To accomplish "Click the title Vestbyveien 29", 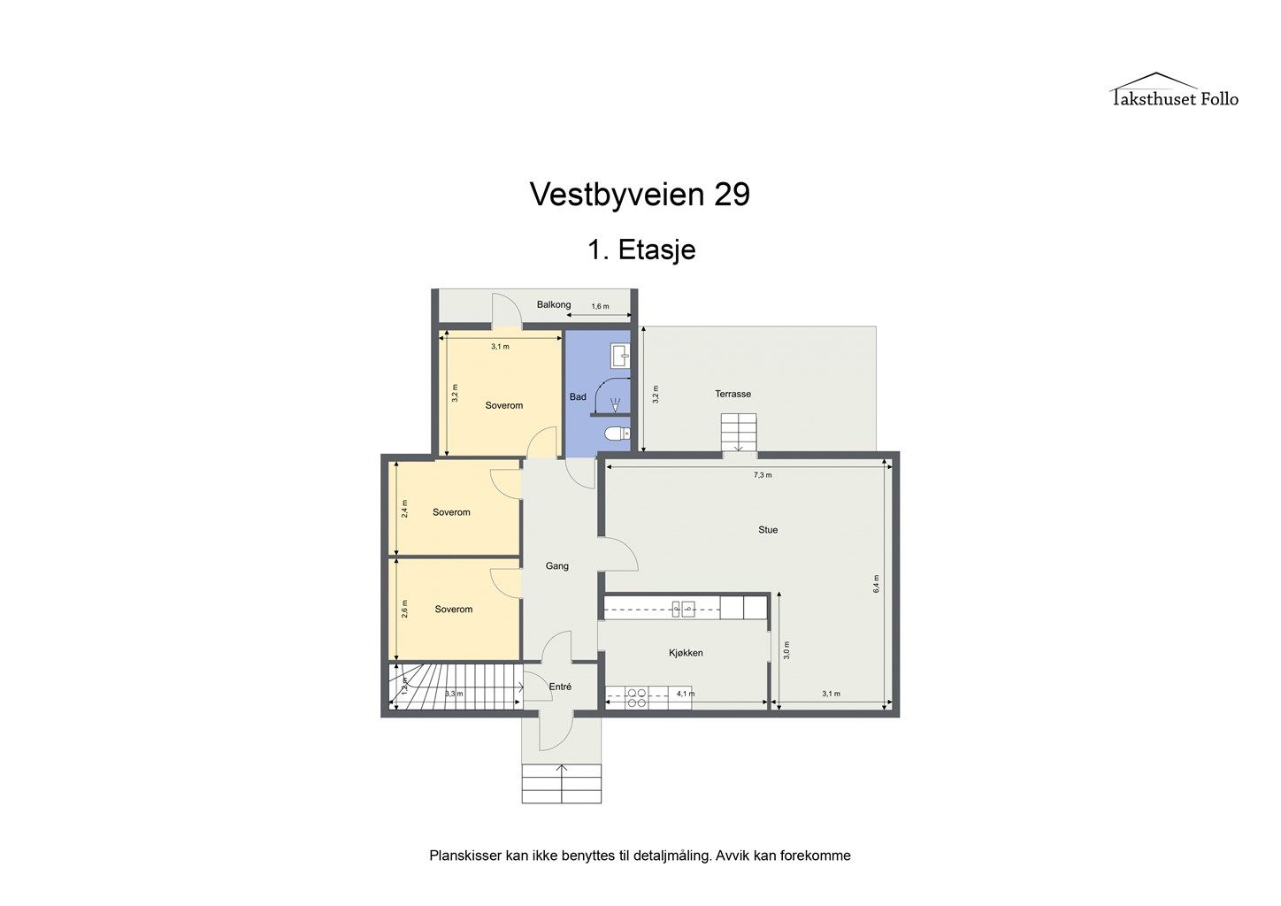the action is (x=640, y=195).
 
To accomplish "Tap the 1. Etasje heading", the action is (x=641, y=250).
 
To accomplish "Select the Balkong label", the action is (x=554, y=305).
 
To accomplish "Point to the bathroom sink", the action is (x=620, y=356).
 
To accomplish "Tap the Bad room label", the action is (x=578, y=397).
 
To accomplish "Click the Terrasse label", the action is (x=733, y=394).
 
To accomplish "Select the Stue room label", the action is (x=768, y=530).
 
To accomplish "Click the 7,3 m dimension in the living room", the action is (x=763, y=475).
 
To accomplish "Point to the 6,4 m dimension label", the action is (x=876, y=583).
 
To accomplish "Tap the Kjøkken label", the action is (x=686, y=653).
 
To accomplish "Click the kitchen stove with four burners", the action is (x=636, y=698).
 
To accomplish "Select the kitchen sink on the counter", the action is (x=683, y=610).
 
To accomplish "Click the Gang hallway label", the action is (x=556, y=566).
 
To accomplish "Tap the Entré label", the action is (x=560, y=687).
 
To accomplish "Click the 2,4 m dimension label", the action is (x=405, y=509).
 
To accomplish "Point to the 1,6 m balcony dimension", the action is (x=600, y=307).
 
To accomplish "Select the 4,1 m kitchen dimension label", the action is (x=685, y=694).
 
